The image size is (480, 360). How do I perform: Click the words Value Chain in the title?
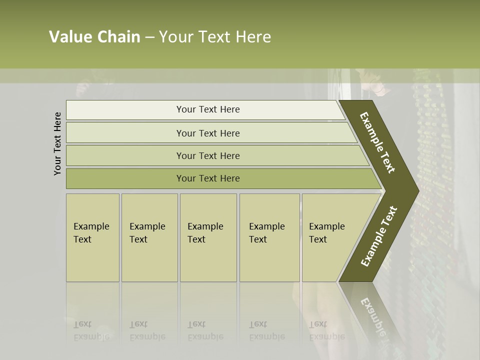coord(94,37)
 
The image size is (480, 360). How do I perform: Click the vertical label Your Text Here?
coord(57,143)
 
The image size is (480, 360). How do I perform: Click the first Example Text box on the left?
coord(92,237)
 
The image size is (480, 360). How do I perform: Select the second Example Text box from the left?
coord(149,237)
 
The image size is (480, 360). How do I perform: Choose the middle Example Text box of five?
coord(208,237)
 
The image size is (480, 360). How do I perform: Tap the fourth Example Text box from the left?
coord(269,237)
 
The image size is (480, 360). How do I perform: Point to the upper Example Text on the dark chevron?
coord(377,142)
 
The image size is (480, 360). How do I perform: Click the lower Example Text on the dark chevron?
coord(379,236)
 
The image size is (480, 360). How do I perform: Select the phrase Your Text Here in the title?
coord(215,37)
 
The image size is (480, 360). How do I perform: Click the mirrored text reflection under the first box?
coord(91,330)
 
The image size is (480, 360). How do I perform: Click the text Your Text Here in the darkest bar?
coord(208,178)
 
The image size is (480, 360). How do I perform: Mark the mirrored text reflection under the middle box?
coord(205,330)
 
